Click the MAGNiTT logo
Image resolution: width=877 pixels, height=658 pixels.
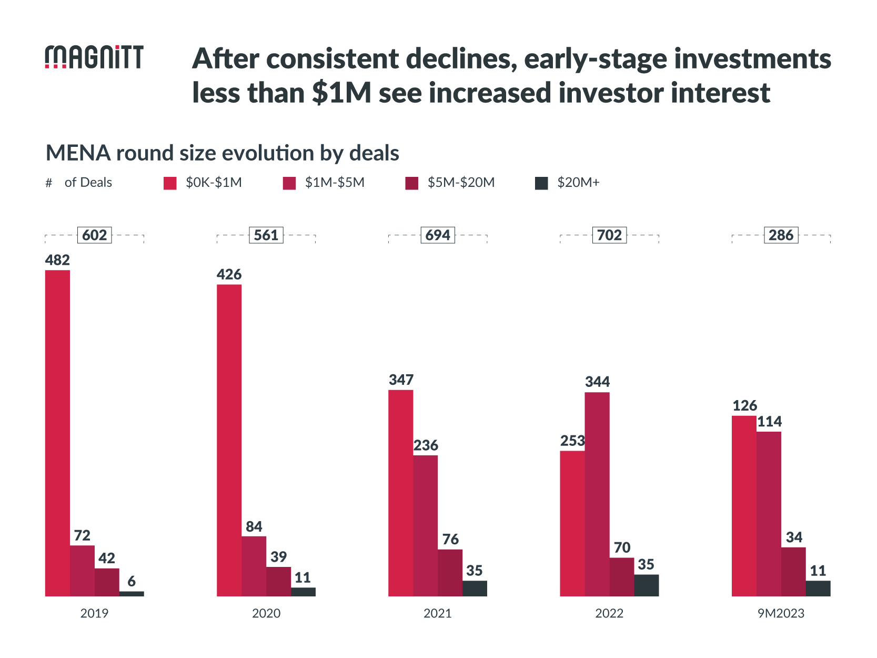coord(94,57)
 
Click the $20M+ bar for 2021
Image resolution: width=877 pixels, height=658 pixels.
coord(475,589)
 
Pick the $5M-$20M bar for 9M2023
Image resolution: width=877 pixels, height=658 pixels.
coord(793,572)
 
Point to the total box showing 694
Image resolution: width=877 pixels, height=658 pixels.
coord(438,235)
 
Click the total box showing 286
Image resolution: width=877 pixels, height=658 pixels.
coord(781,235)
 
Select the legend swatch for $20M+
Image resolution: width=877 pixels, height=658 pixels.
coord(541,183)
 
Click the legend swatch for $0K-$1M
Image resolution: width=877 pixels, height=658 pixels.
coord(170,183)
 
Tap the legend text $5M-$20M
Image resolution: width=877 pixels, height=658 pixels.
coord(461,183)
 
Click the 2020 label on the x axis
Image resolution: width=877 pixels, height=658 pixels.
coord(266,613)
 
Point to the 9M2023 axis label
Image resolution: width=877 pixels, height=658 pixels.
coord(781,613)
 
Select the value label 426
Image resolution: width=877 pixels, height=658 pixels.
coord(229,274)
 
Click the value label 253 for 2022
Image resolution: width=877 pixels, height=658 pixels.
coord(572,441)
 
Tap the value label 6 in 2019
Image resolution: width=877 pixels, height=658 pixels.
coord(132,581)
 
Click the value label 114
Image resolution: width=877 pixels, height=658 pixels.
coord(769,422)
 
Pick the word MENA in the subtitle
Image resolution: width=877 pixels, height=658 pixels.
coord(78,153)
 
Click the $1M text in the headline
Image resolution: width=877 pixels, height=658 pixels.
coord(341,93)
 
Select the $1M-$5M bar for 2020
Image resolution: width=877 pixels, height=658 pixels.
coord(254,566)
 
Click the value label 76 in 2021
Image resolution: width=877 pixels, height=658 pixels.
coord(450,539)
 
